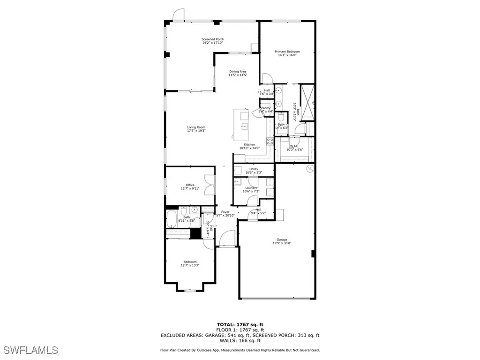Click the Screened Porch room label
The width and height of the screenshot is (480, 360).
coord(212,41)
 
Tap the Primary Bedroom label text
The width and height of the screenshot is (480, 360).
coord(287,53)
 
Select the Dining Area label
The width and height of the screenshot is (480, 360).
coord(238,73)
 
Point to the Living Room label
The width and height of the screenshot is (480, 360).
coord(196,128)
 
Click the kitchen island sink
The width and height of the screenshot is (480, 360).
coord(244,126)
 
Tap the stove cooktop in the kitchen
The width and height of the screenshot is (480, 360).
coord(270,140)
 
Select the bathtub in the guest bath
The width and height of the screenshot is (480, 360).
coord(172,219)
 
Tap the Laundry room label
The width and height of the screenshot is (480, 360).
coord(250,189)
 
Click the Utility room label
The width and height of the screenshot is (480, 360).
coord(254,171)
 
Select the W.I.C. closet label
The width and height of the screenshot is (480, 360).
coord(294,148)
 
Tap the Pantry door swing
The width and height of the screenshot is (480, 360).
coord(256,110)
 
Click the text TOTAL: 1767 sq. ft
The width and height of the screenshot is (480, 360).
coord(240,324)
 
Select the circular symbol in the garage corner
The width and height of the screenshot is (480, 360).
coord(309,168)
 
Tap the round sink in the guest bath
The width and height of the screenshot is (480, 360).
coord(193,210)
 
